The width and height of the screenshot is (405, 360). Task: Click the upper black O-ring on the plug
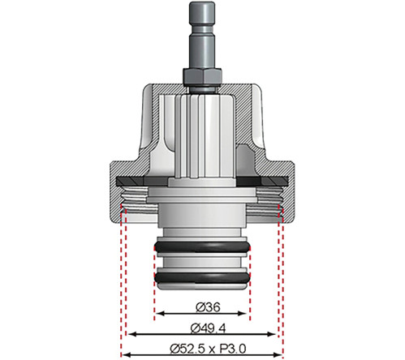click(201, 246)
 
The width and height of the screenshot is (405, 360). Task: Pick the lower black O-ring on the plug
click(201, 276)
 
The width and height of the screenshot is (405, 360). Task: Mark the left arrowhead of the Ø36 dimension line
click(157, 313)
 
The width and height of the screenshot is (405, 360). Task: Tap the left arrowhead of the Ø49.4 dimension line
click(128, 333)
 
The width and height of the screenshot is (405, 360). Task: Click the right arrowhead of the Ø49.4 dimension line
click(276, 333)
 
